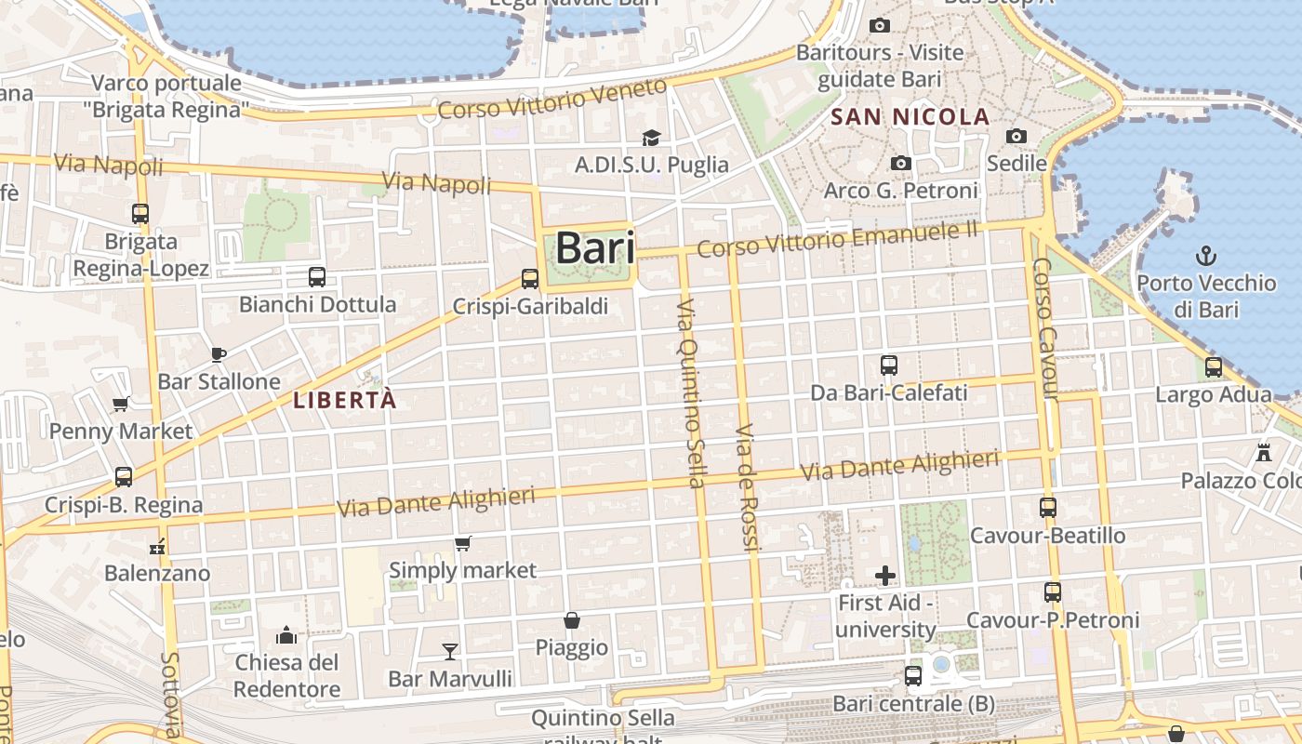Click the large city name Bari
click(x=595, y=248)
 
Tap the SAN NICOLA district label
click(x=910, y=117)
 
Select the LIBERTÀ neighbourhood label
click(x=344, y=401)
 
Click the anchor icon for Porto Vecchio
click(x=1206, y=255)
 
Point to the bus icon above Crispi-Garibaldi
click(x=530, y=278)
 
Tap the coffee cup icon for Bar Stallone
click(x=219, y=353)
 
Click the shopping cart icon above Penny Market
click(x=120, y=404)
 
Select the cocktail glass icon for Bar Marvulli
click(x=450, y=651)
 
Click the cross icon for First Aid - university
click(x=885, y=576)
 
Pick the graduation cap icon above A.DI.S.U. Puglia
click(x=651, y=138)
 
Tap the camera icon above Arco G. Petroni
click(x=900, y=164)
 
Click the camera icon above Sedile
click(x=1016, y=137)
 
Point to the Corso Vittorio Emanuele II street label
click(x=837, y=239)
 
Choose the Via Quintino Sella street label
click(x=691, y=392)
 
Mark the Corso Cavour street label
click(x=1045, y=329)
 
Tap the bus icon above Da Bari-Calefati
click(x=889, y=365)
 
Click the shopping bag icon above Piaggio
click(x=572, y=620)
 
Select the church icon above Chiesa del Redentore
click(x=286, y=635)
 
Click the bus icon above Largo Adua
click(x=1214, y=367)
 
